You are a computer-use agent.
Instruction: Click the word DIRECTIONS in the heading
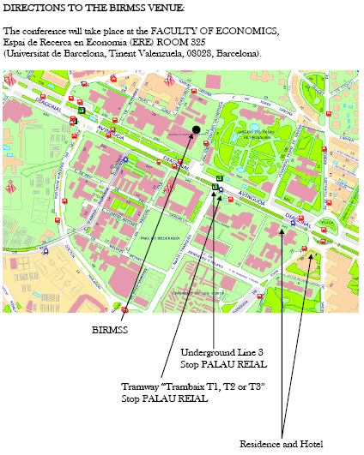coord(32,8)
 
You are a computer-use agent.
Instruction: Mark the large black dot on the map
coord(197,129)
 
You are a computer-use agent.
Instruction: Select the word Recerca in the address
coord(75,43)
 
